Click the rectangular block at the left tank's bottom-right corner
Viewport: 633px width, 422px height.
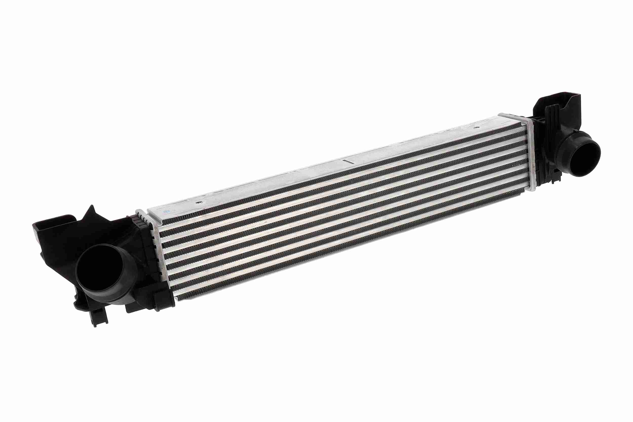click(x=162, y=299)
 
